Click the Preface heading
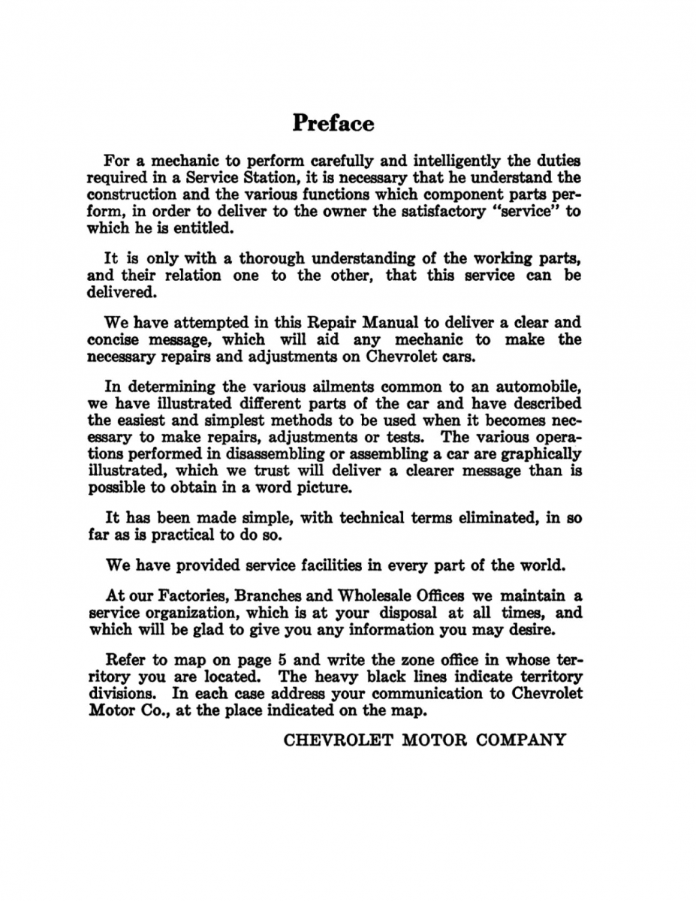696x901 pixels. [x=333, y=122]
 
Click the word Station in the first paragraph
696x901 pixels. [x=258, y=178]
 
